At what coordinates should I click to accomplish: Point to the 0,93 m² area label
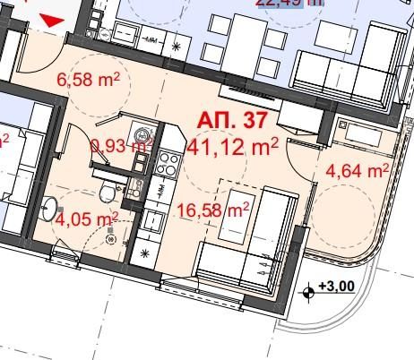(122, 145)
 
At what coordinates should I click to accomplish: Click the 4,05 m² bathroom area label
(87, 218)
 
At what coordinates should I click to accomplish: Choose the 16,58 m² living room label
(211, 210)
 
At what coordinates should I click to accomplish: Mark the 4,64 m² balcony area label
(357, 170)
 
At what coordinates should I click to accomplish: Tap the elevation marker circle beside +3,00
(309, 289)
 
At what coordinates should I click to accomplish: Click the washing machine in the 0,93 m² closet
(141, 141)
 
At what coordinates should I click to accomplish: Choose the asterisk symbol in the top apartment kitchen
(176, 44)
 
